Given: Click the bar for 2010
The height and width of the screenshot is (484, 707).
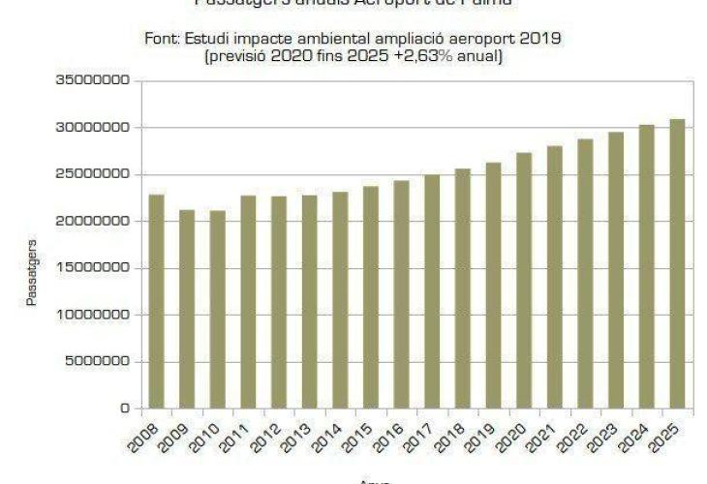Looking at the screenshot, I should click(x=217, y=309).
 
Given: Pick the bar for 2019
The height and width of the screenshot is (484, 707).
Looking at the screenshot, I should click(x=494, y=285).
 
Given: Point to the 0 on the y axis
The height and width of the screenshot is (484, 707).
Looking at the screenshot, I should click(x=124, y=408).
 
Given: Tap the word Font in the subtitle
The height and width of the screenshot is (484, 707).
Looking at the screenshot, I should click(x=161, y=38).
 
